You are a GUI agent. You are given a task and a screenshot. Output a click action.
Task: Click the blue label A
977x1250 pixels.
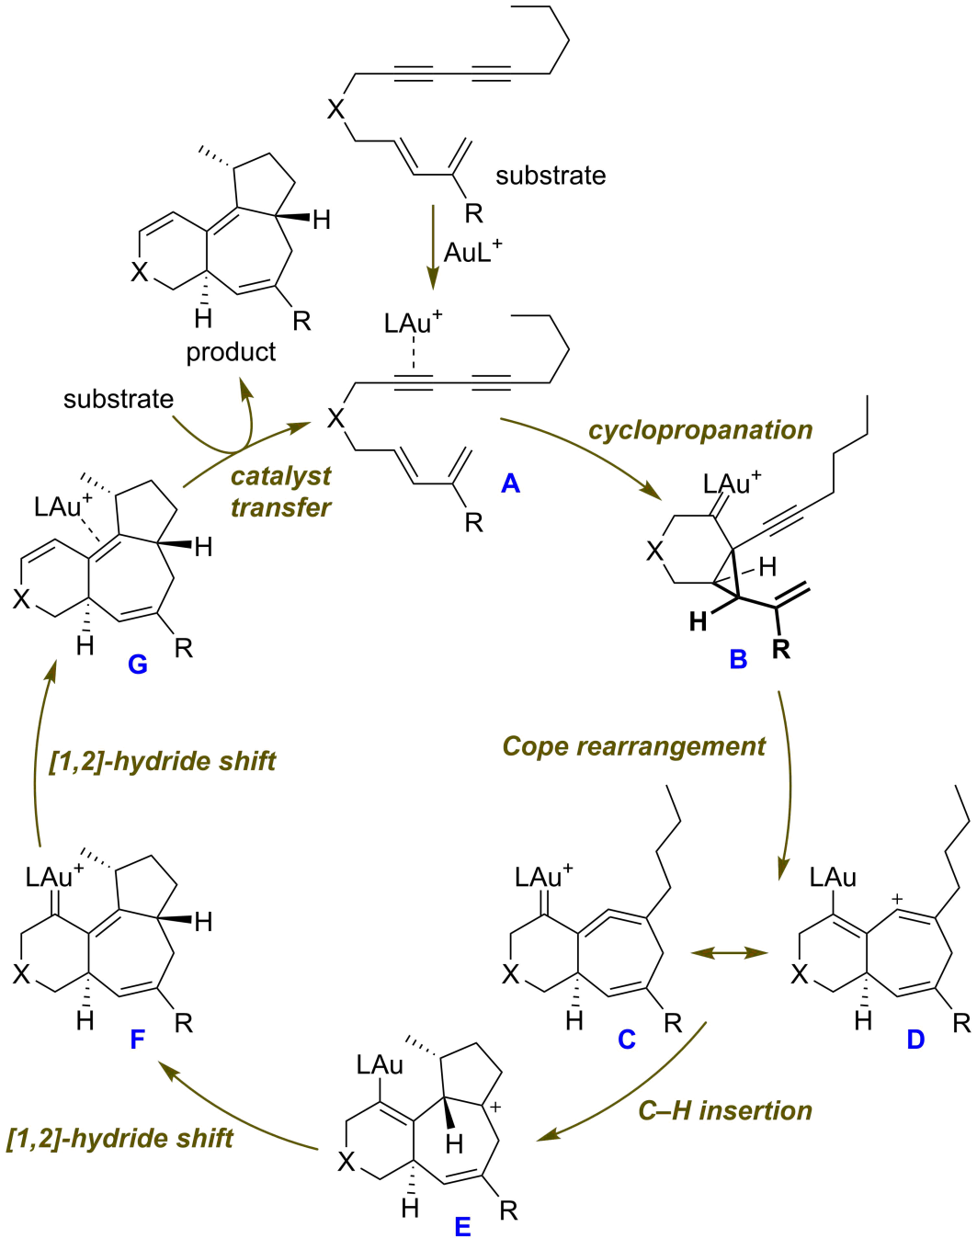coord(511,483)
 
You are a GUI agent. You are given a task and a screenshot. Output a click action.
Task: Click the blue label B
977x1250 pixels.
coord(738,659)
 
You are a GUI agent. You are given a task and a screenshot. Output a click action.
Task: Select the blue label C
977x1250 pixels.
coord(627,1040)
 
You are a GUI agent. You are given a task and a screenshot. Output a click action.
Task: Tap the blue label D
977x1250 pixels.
coord(915,1040)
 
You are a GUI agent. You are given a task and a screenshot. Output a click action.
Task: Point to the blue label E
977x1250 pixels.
coord(462,1227)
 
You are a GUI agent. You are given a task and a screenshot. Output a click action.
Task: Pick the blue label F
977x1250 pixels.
coord(138,1040)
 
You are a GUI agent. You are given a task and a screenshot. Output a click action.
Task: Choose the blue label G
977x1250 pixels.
coord(138,664)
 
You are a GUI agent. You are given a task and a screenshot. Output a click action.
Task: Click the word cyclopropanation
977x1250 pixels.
coord(700,430)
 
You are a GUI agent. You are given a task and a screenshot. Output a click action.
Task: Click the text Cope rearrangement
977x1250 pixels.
coord(633,746)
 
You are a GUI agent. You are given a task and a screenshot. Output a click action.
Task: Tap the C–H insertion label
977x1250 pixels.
coord(725,1110)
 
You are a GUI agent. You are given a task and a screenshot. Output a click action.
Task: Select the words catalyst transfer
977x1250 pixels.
coord(280,492)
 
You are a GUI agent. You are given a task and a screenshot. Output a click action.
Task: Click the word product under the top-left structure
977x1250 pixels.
coord(231,352)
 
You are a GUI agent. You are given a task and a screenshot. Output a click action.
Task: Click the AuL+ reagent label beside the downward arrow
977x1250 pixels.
coord(472,252)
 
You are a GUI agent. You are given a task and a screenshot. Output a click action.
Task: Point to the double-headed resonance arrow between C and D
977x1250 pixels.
coord(729,953)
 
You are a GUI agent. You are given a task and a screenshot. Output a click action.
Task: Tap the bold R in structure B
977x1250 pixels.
coord(780,650)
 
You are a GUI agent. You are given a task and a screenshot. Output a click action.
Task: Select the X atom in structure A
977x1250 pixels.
coord(336,419)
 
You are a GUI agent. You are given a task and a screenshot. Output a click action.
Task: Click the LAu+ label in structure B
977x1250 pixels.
coord(732,483)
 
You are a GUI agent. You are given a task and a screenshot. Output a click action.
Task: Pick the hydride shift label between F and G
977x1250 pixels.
coord(163,761)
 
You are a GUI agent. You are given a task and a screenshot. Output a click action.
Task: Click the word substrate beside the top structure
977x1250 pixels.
coord(551,176)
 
